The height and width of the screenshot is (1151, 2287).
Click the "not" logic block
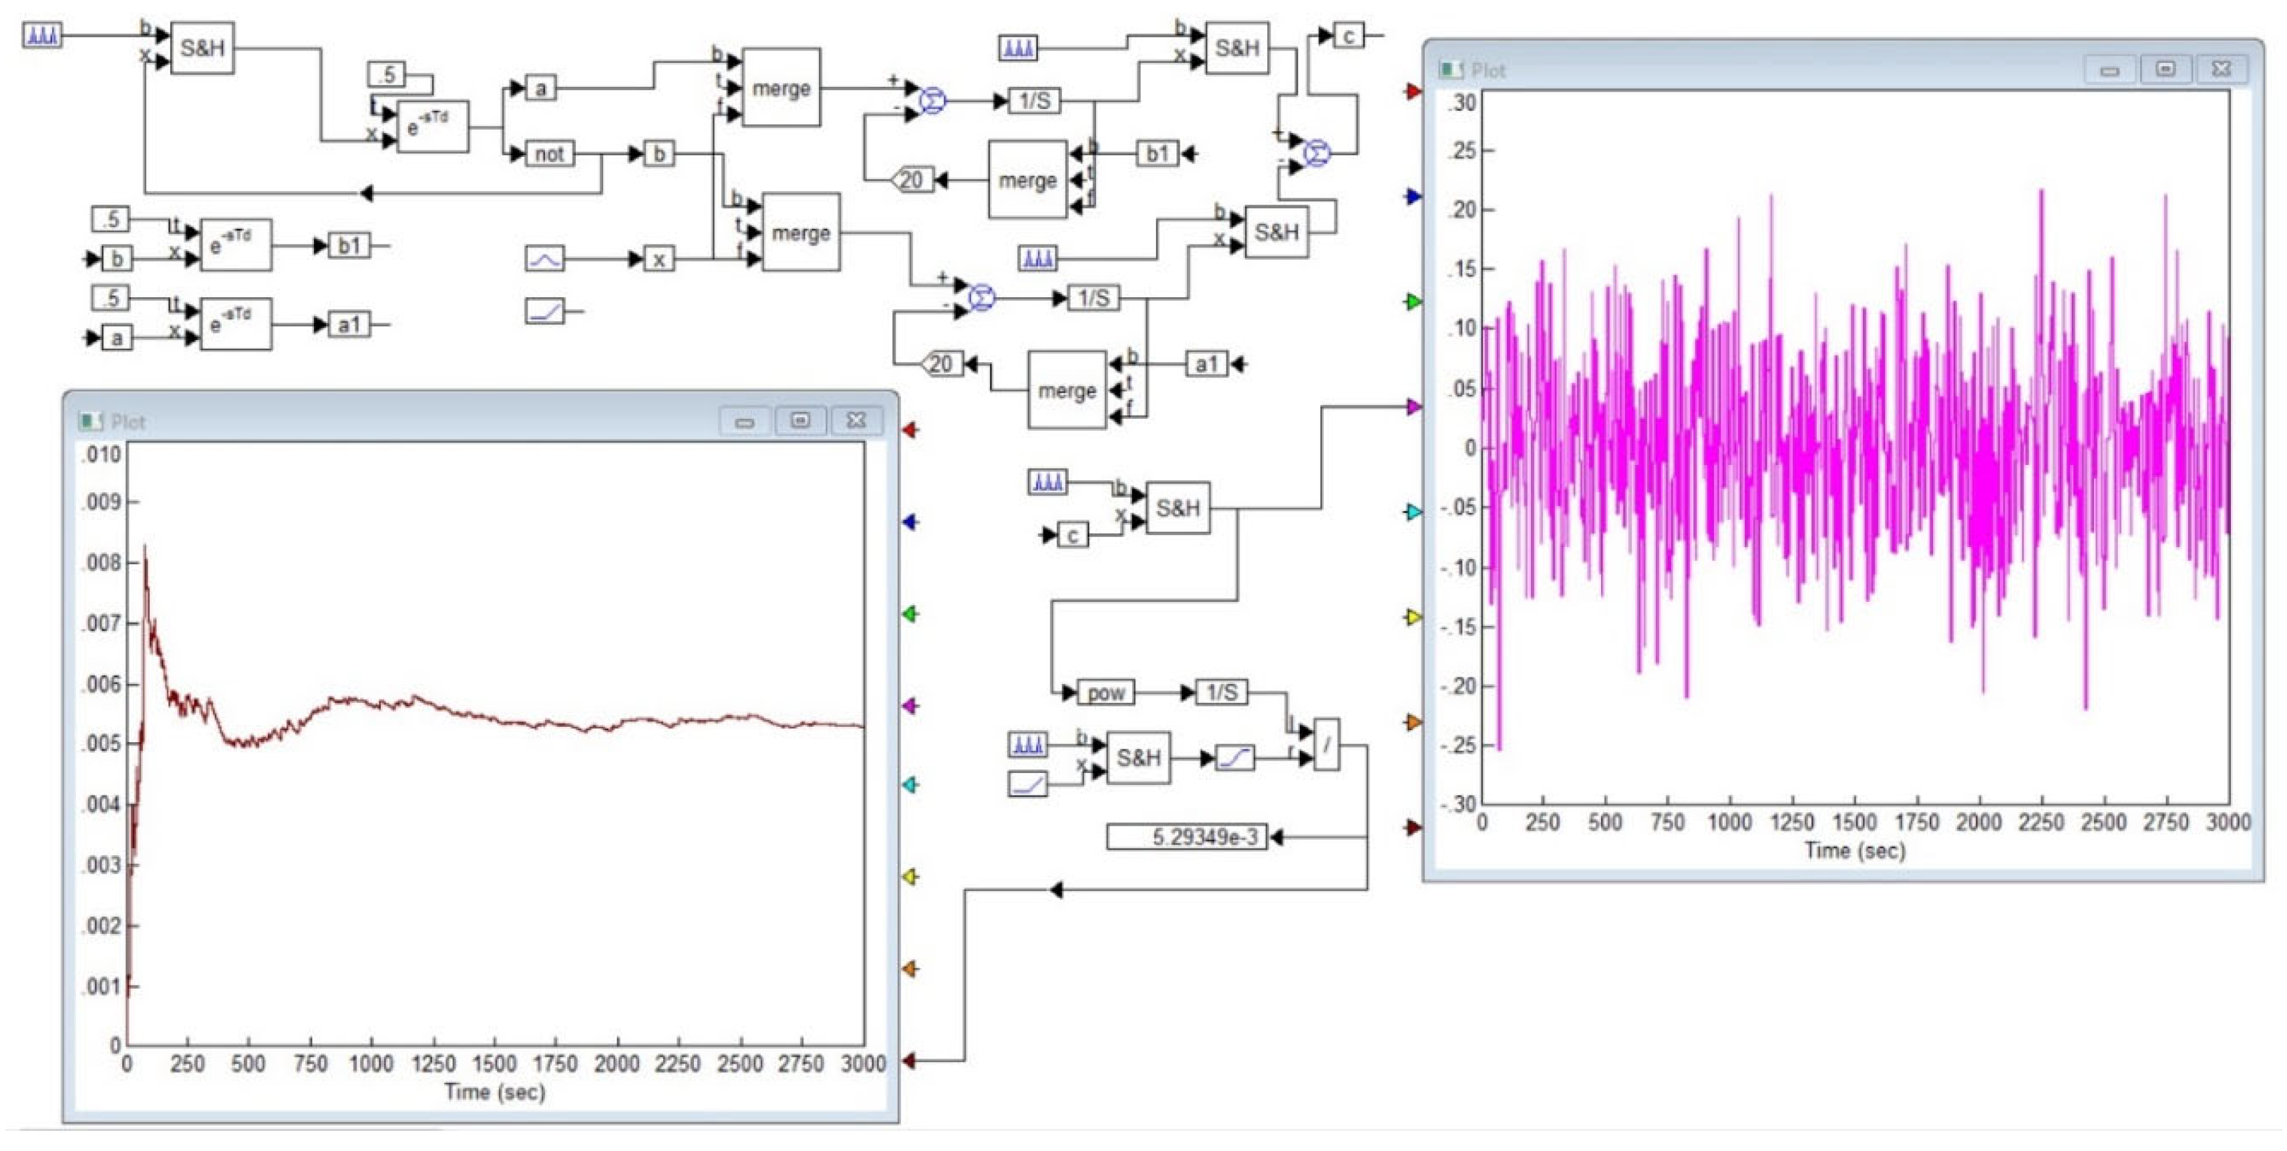point(548,154)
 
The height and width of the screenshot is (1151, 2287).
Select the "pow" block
point(1105,692)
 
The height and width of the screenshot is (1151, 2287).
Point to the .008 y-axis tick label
point(102,563)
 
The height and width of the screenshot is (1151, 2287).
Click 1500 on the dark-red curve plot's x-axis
point(494,1063)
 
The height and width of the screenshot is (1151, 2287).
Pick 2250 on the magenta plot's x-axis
point(2040,822)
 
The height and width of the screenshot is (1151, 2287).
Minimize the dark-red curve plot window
point(744,421)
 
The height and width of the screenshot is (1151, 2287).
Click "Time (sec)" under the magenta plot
point(1854,850)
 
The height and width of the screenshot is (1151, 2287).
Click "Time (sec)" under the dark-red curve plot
point(494,1092)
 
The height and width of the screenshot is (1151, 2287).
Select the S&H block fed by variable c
point(1178,508)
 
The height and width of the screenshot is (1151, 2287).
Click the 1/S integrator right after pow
point(1221,692)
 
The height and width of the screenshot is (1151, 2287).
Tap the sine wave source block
point(544,259)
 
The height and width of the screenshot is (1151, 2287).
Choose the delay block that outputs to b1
point(235,245)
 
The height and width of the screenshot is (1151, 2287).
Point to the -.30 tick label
point(1459,805)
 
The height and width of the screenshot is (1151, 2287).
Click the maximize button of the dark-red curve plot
point(800,421)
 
